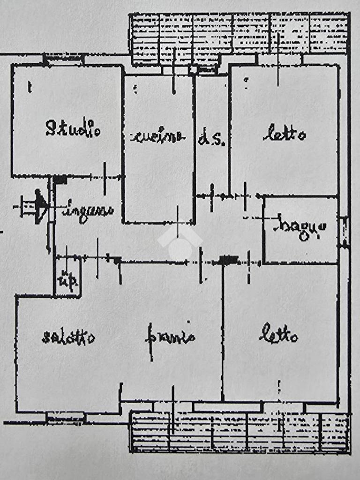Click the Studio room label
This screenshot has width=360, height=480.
(x=73, y=128)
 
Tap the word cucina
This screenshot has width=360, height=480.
(x=157, y=136)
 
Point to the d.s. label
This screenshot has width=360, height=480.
(x=212, y=139)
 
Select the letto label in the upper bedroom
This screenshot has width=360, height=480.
(x=284, y=135)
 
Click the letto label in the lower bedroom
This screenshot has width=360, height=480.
(x=278, y=335)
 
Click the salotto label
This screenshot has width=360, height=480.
(x=68, y=337)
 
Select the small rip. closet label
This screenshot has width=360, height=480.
(x=67, y=280)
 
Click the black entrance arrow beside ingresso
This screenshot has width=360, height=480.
(x=40, y=205)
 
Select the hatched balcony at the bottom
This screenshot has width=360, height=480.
(x=239, y=432)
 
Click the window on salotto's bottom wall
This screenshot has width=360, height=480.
(x=66, y=416)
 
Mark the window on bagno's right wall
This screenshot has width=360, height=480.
(x=345, y=231)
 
